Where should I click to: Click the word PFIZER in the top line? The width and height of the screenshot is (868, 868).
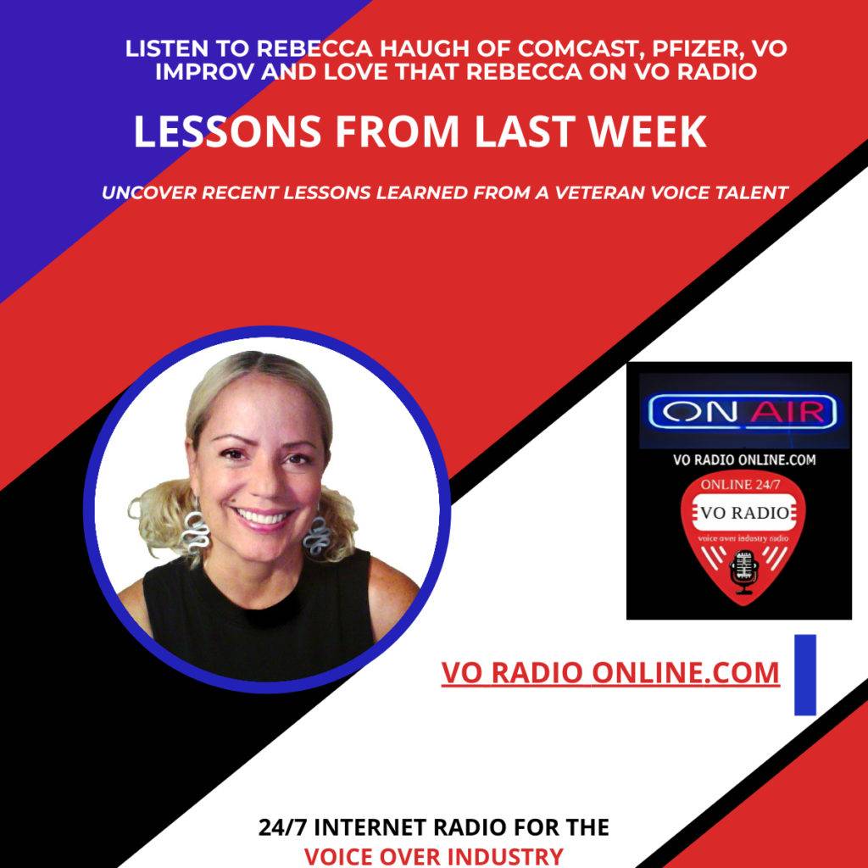tap(644, 48)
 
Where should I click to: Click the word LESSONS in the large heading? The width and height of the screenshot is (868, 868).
tap(227, 132)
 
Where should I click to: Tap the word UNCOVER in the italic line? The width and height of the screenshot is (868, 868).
tap(147, 192)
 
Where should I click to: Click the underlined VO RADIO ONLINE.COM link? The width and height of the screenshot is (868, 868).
tap(610, 672)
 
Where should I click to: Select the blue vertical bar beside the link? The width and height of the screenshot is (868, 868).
tap(804, 674)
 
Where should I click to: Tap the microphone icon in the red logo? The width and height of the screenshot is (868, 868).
tap(743, 569)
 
